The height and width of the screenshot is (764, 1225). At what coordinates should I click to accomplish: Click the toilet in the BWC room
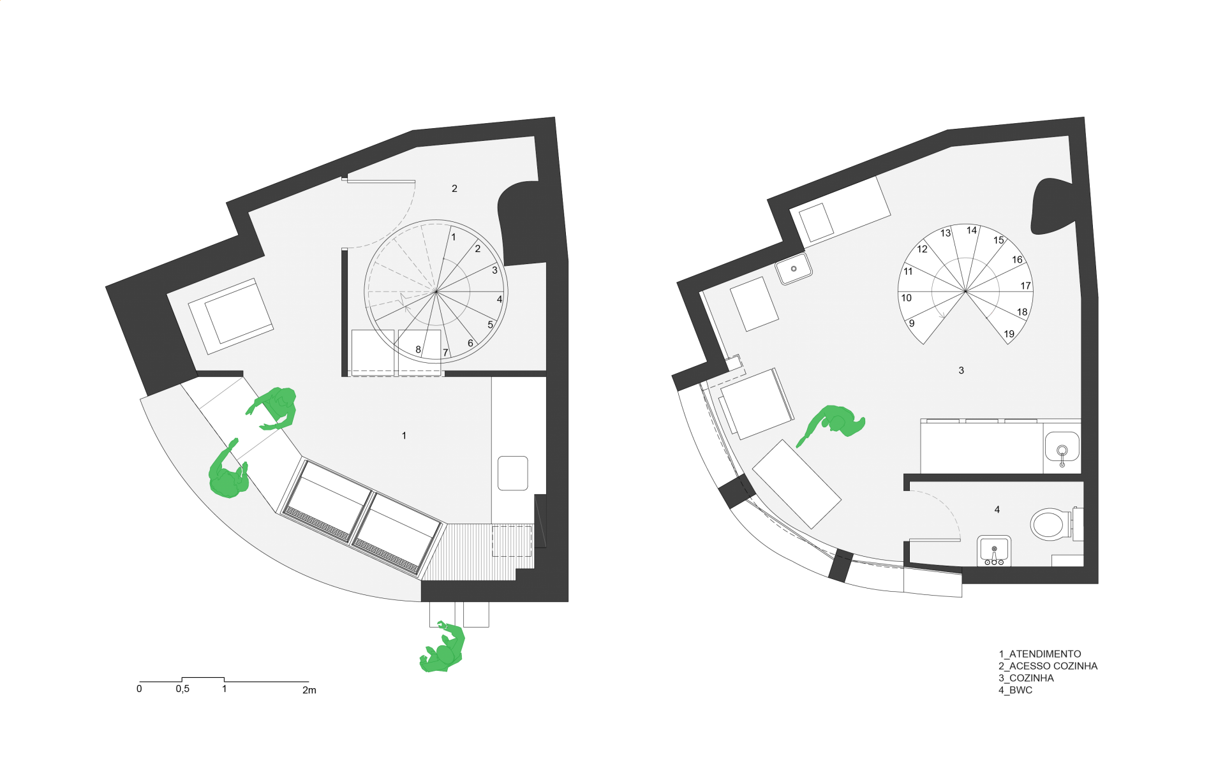pyautogui.click(x=1050, y=524)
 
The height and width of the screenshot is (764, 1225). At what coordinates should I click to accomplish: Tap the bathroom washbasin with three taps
pyautogui.click(x=994, y=551)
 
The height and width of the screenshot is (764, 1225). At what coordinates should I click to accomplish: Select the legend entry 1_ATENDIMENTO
pyautogui.click(x=1039, y=654)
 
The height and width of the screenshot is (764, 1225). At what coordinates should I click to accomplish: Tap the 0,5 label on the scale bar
pyautogui.click(x=182, y=689)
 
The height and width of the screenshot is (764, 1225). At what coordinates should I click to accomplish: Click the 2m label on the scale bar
pyautogui.click(x=309, y=690)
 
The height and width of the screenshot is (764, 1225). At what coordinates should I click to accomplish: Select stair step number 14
pyautogui.click(x=971, y=230)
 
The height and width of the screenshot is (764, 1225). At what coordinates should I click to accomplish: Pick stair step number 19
pyautogui.click(x=1009, y=334)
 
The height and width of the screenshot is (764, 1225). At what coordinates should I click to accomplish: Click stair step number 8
pyautogui.click(x=418, y=349)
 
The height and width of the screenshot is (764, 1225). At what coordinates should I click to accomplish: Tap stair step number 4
pyautogui.click(x=500, y=299)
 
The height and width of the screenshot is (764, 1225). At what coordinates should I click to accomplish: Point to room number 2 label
pyautogui.click(x=454, y=189)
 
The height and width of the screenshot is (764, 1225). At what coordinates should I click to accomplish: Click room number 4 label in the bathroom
pyautogui.click(x=997, y=510)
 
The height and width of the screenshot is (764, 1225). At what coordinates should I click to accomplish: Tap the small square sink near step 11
pyautogui.click(x=794, y=268)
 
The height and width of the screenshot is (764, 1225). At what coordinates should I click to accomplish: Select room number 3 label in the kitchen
pyautogui.click(x=961, y=371)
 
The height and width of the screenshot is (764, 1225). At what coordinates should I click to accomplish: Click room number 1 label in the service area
pyautogui.click(x=404, y=436)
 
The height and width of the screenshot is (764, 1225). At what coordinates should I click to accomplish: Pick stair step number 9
pyautogui.click(x=912, y=323)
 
